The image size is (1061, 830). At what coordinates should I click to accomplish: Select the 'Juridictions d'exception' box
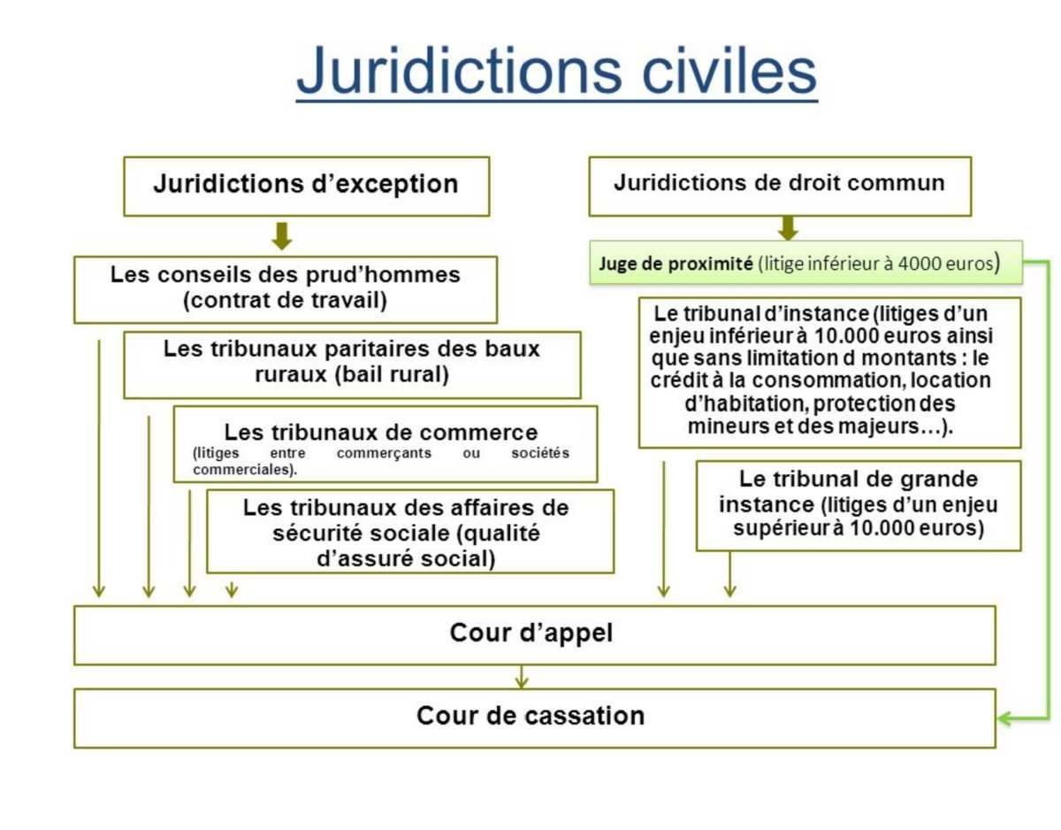307,186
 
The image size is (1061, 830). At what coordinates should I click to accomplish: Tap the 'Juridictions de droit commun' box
780,186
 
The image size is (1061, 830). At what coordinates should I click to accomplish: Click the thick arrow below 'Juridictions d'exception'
282,236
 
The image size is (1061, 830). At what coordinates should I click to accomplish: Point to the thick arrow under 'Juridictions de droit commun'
788,227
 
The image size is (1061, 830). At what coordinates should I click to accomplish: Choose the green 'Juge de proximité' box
805,262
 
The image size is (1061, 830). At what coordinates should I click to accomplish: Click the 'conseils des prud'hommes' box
286,289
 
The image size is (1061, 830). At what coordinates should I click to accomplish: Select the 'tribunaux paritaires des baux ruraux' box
352,365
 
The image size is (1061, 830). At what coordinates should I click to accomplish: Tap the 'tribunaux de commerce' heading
381,433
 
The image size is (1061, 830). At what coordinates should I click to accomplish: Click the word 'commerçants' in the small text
384,453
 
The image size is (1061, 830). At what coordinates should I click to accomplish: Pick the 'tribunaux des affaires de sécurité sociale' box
410,532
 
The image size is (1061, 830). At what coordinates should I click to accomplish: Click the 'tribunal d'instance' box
829,373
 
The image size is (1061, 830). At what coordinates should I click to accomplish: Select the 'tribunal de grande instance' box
859,505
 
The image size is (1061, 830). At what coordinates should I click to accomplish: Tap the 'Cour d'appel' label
531,633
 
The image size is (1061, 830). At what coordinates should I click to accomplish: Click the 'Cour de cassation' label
530,716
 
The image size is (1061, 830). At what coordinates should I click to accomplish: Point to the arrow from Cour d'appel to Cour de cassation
522,677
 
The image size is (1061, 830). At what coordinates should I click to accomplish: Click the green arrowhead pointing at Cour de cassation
1004,719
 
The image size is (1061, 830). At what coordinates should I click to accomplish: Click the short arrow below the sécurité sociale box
232,589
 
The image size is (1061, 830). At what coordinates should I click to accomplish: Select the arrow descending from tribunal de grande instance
730,574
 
